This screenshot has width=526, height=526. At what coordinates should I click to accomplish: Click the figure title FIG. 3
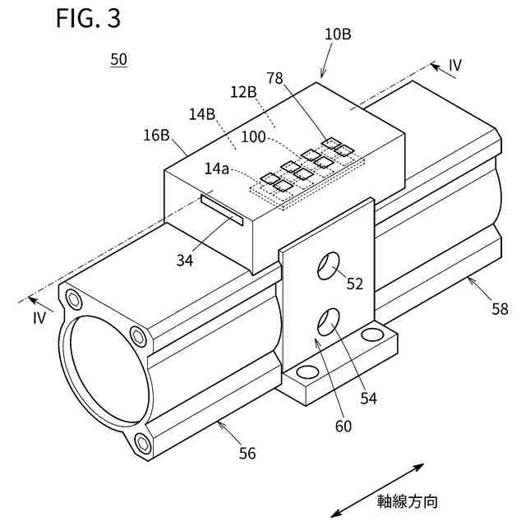(x=88, y=19)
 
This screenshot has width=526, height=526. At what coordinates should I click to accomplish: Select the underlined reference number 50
(x=118, y=60)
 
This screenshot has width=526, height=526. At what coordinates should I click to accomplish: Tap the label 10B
(x=338, y=35)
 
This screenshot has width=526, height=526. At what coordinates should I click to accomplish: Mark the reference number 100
(x=253, y=137)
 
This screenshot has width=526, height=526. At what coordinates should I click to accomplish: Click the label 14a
(x=218, y=168)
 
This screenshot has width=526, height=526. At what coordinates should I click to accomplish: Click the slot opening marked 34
(x=222, y=210)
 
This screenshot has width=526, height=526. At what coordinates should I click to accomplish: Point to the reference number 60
(x=343, y=425)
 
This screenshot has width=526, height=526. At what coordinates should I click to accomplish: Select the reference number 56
(x=247, y=452)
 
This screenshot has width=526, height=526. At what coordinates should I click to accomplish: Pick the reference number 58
(x=500, y=308)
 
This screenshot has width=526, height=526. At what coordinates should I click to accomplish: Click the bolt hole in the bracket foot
(x=372, y=335)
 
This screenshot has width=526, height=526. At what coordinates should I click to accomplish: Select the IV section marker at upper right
(x=456, y=66)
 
